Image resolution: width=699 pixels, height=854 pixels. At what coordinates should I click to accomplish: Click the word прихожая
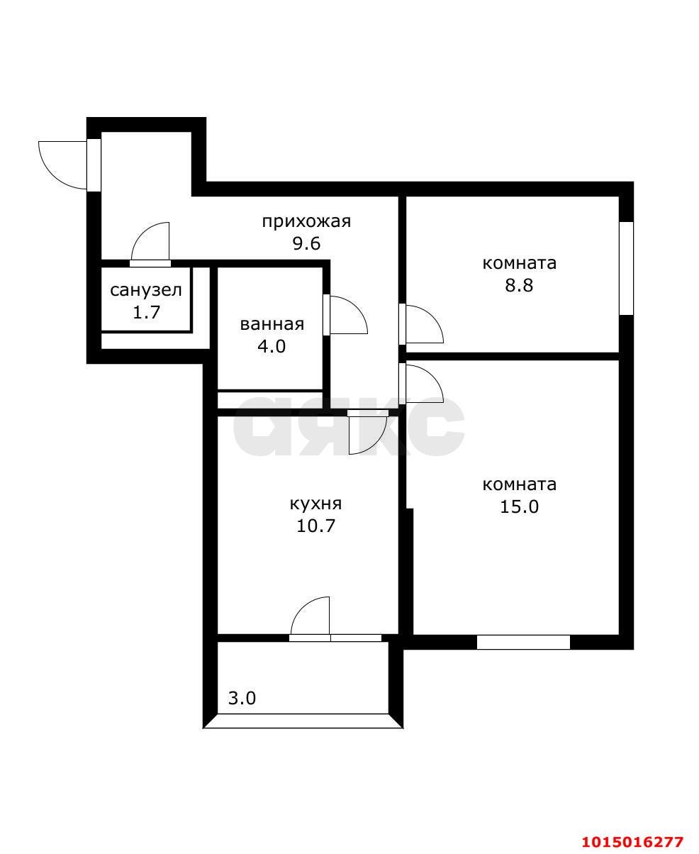(306, 221)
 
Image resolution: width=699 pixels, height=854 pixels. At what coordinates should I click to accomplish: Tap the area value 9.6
(306, 244)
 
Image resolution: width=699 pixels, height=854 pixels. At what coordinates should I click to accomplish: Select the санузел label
(146, 289)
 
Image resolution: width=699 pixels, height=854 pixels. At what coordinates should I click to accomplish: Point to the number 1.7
(146, 311)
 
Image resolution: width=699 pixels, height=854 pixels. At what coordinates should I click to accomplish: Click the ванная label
(272, 325)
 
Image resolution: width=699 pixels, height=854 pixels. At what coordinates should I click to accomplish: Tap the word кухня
(315, 504)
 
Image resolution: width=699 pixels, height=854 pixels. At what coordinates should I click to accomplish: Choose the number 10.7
(315, 526)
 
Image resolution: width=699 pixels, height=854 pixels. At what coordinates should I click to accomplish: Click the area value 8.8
(519, 285)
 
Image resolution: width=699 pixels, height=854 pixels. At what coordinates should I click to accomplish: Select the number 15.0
(519, 506)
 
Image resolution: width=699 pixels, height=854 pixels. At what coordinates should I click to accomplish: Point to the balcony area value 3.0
(242, 698)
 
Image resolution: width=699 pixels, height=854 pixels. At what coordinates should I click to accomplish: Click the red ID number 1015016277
(632, 842)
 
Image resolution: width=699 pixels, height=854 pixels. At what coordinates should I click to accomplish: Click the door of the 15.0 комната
(423, 383)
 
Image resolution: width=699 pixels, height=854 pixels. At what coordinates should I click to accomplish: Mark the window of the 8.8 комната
(626, 268)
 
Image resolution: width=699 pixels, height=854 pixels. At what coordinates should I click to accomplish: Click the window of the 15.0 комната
(523, 642)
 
